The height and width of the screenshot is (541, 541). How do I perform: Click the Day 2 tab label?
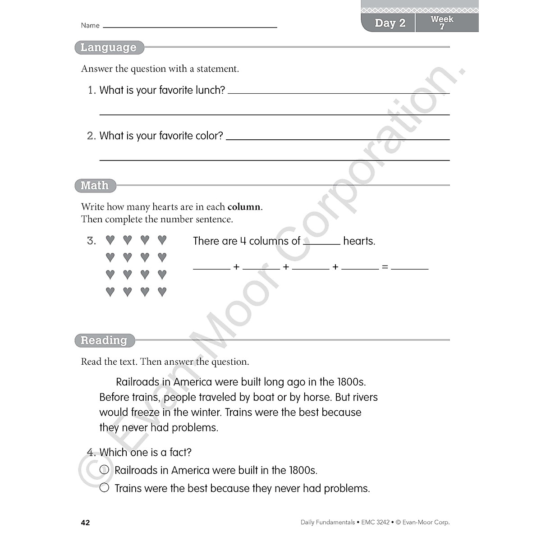tap(390, 23)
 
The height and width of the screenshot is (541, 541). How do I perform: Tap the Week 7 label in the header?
tap(442, 23)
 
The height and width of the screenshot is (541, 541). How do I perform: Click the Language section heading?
tap(109, 47)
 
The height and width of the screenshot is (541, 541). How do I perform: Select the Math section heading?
tap(95, 185)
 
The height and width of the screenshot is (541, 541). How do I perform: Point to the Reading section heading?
tap(104, 340)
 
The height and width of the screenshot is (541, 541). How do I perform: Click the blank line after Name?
tap(190, 26)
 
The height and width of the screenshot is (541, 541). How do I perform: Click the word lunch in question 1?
tap(210, 90)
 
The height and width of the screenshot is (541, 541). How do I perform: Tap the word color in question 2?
tap(209, 136)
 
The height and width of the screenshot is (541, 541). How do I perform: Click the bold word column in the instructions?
tap(244, 207)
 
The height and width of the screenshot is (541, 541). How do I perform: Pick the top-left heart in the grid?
tap(110, 240)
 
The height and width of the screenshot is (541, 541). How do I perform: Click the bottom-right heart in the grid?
tap(162, 292)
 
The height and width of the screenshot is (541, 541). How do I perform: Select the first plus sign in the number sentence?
tap(236, 267)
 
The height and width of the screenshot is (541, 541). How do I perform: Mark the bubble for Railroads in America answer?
tap(104, 470)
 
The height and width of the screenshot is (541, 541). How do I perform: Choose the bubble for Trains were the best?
tap(104, 488)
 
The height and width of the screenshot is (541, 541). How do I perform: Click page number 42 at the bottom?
tap(85, 523)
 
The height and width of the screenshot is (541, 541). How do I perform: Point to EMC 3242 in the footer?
tap(375, 523)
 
